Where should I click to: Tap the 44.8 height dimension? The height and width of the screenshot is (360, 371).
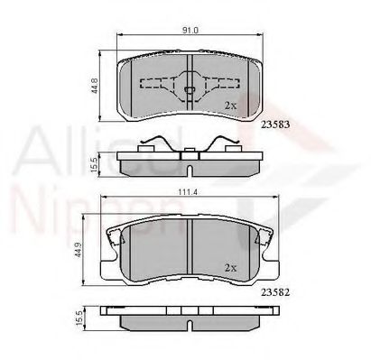click(92, 86)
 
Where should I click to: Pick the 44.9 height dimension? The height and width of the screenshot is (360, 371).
click(92, 254)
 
